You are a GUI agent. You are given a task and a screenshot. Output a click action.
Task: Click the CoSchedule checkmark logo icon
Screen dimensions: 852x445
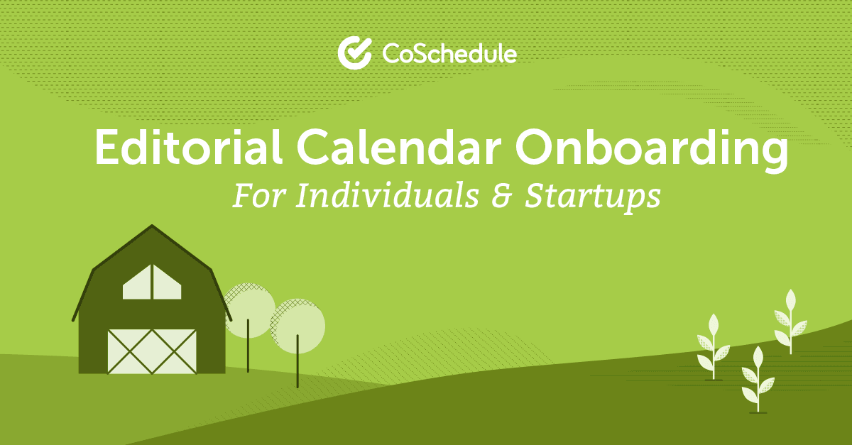pyautogui.click(x=354, y=53)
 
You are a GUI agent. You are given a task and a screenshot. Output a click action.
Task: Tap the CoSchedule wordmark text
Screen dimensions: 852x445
pyautogui.click(x=449, y=54)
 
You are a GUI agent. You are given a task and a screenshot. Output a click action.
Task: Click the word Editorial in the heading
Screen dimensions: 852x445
pyautogui.click(x=188, y=147)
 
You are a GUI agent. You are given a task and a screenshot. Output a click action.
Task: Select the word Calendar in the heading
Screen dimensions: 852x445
pyautogui.click(x=398, y=147)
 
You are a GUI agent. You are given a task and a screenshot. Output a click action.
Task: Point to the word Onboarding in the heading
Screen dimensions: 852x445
pyautogui.click(x=652, y=150)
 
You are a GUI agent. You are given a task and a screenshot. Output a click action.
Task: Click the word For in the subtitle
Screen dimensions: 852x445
pyautogui.click(x=259, y=195)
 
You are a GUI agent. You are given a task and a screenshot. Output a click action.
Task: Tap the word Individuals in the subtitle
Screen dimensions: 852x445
pyautogui.click(x=387, y=195)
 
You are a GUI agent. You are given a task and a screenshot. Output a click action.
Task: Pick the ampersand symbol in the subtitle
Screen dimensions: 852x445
pyautogui.click(x=502, y=196)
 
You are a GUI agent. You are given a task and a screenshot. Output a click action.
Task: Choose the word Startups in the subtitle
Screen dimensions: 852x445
pyautogui.click(x=593, y=198)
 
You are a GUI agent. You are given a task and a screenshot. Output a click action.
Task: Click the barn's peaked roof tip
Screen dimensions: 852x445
pyautogui.click(x=152, y=225)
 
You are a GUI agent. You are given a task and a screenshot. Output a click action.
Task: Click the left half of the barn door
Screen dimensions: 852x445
pyautogui.click(x=130, y=351)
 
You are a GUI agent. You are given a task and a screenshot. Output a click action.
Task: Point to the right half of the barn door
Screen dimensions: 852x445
pyautogui.click(x=174, y=351)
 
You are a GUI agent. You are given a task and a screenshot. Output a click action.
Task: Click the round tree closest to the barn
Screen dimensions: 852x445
pyautogui.click(x=249, y=310)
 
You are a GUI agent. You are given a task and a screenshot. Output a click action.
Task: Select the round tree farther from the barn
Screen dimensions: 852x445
pyautogui.click(x=297, y=326)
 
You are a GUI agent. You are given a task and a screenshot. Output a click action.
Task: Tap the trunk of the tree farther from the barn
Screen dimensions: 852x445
pyautogui.click(x=297, y=361)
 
